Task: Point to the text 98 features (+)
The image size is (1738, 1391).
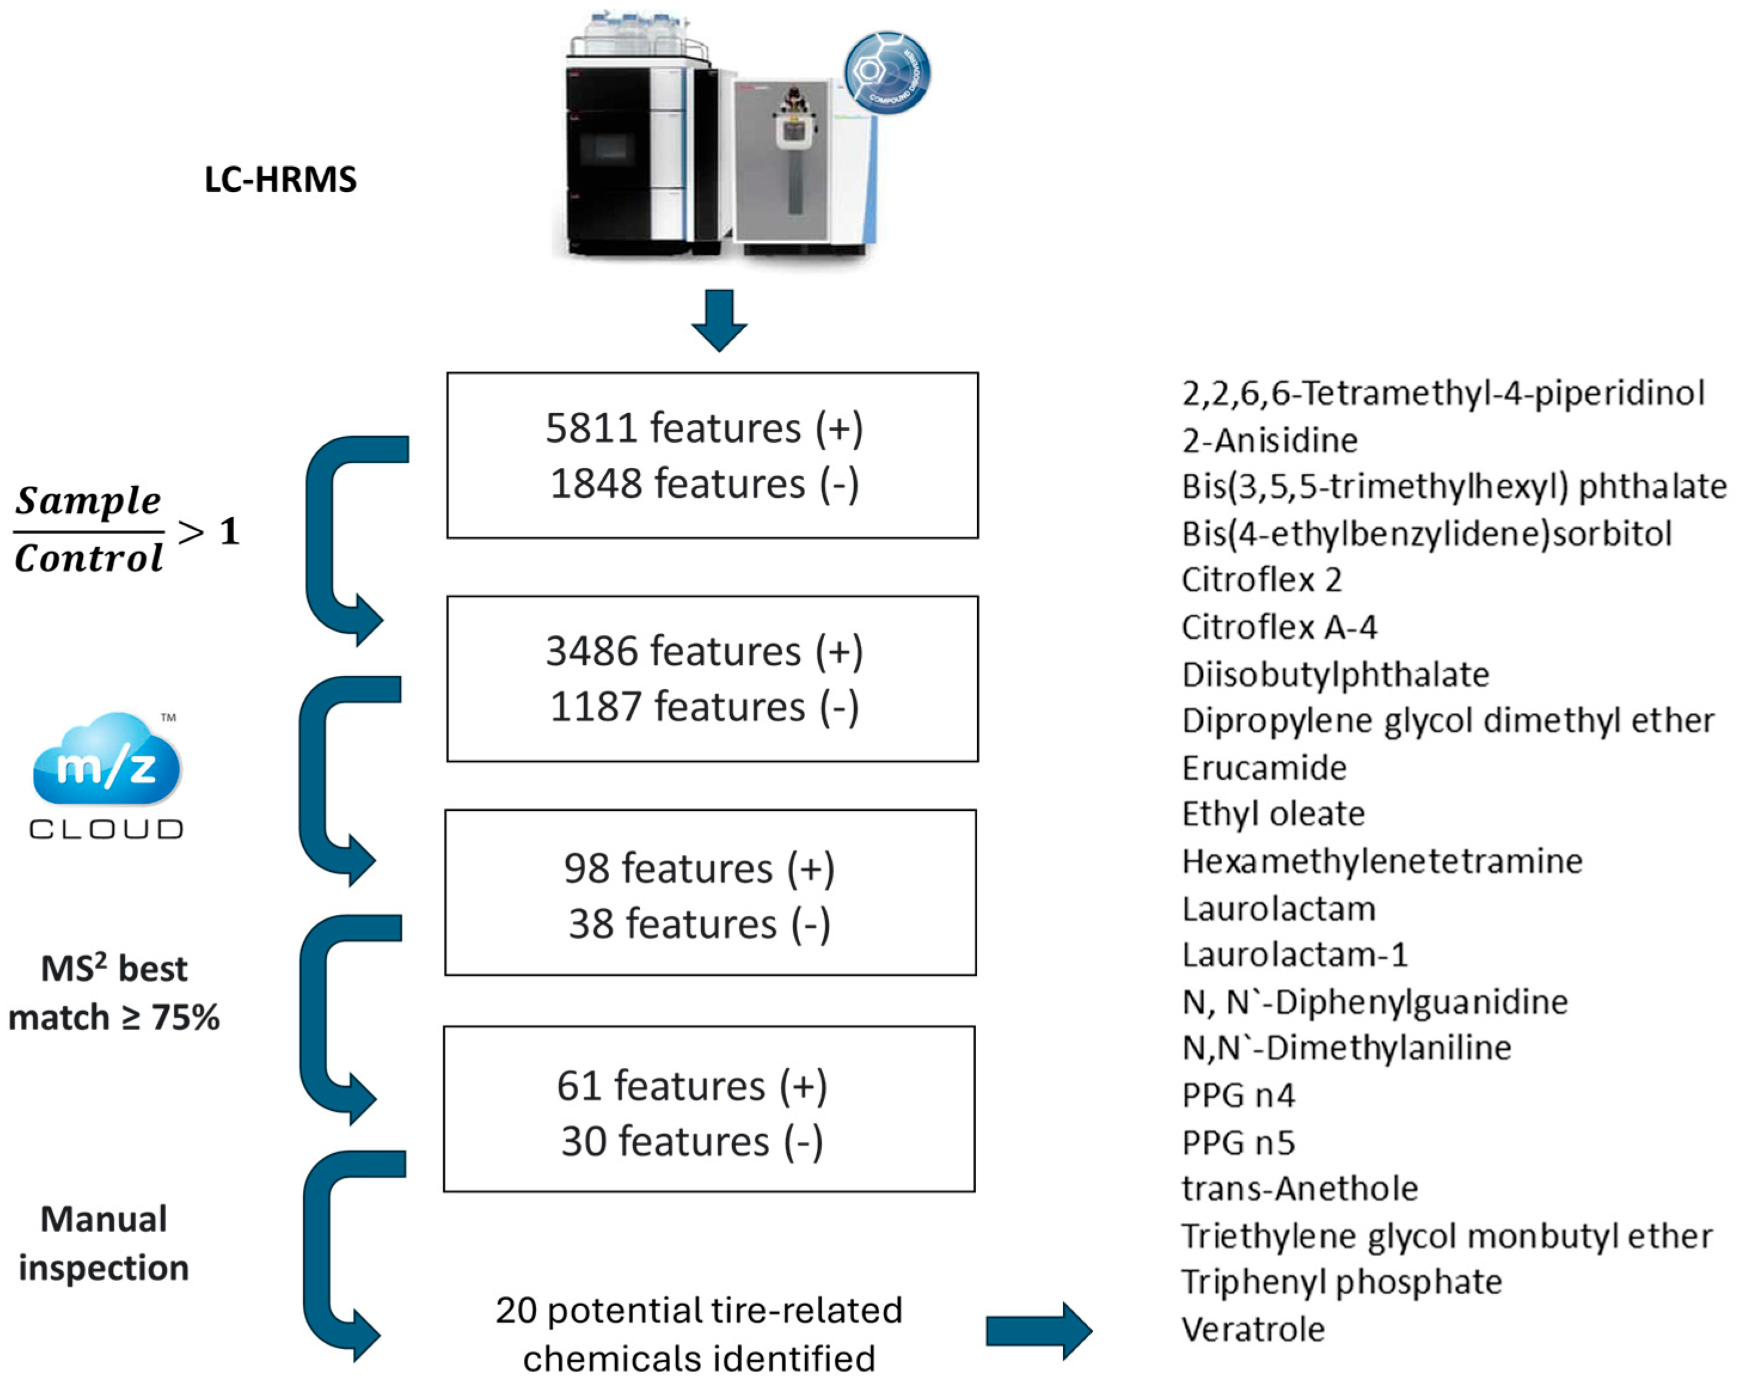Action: pyautogui.click(x=699, y=868)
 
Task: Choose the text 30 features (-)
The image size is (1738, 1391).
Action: pyautogui.click(x=692, y=1141)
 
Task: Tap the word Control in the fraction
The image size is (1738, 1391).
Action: pyautogui.click(x=88, y=558)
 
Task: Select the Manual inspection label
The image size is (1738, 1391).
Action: pyautogui.click(x=104, y=1243)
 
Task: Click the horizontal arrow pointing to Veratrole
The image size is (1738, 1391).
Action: pyautogui.click(x=1038, y=1331)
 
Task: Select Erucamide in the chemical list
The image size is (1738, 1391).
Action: pyautogui.click(x=1263, y=768)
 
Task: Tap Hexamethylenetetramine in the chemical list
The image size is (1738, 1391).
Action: pyautogui.click(x=1381, y=861)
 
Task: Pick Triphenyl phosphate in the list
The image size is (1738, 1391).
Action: pyautogui.click(x=1341, y=1282)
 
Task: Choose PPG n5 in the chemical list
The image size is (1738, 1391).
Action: pyautogui.click(x=1238, y=1142)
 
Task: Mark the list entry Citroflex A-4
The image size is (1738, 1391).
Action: pyautogui.click(x=1279, y=627)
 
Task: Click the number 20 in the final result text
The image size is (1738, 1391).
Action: pyautogui.click(x=516, y=1310)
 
